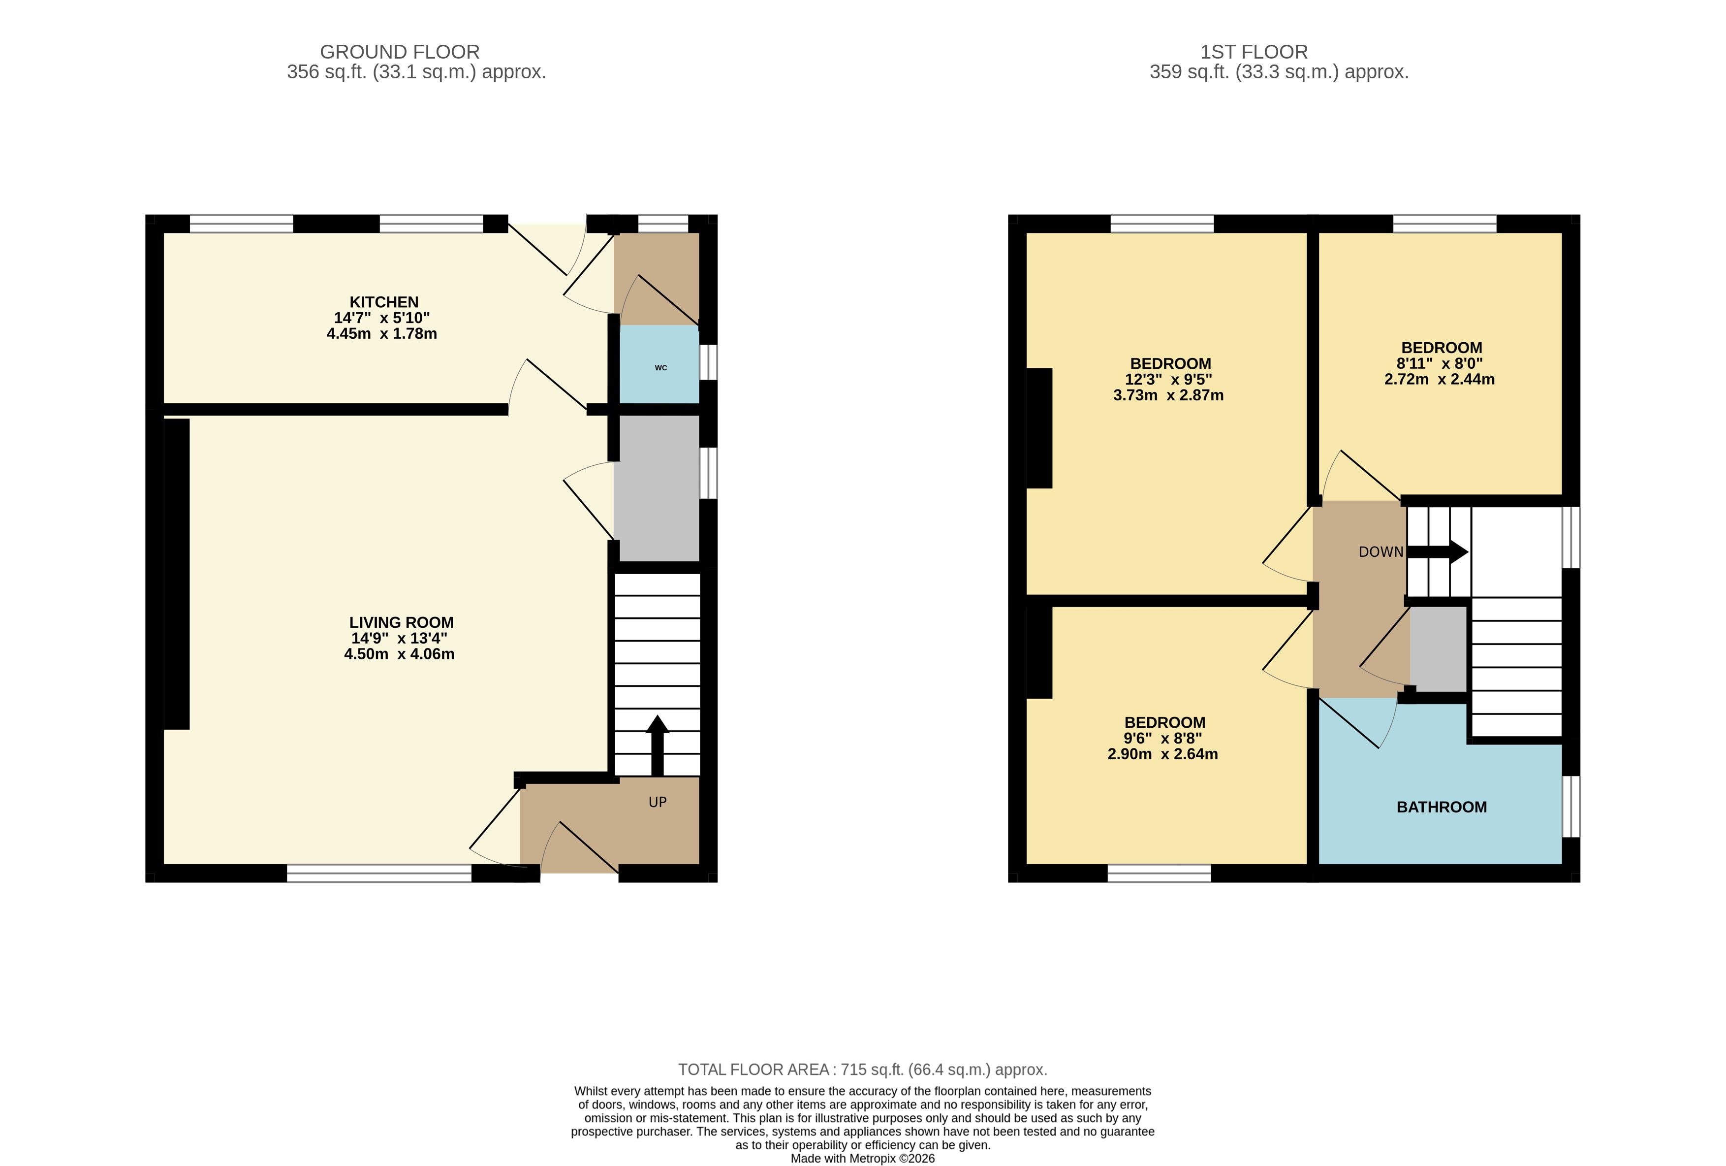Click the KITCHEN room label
tap(384, 302)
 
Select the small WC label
tap(661, 368)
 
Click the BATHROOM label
tap(1442, 807)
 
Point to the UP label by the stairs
tap(657, 802)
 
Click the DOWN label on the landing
tap(1381, 552)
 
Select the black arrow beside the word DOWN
tap(1438, 552)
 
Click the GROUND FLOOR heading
tap(400, 52)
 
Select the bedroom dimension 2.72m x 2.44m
tap(1440, 380)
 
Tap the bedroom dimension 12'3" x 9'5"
tap(1168, 380)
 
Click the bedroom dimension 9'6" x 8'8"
tap(1162, 739)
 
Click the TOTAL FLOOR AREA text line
tap(862, 1070)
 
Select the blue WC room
tap(659, 364)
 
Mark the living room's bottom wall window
tap(379, 873)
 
